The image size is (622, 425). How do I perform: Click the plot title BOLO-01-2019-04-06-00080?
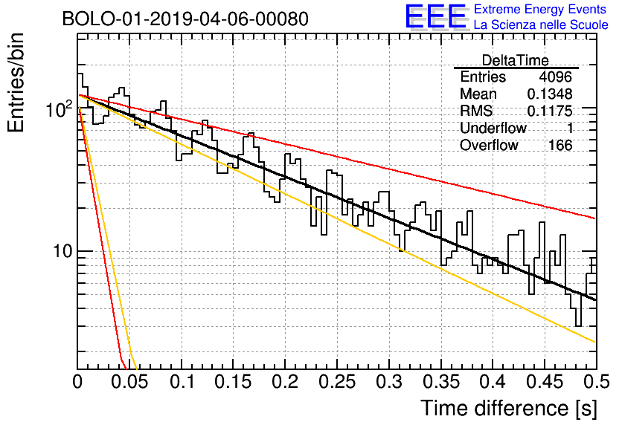(x=185, y=19)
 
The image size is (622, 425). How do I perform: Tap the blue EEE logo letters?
(x=435, y=16)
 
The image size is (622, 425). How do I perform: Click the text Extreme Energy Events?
(x=540, y=9)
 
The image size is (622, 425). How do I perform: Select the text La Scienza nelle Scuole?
(x=541, y=25)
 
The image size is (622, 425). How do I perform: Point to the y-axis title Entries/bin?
(x=16, y=82)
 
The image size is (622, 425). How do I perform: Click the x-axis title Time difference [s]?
(x=509, y=408)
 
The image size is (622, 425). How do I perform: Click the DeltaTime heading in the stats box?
(x=515, y=60)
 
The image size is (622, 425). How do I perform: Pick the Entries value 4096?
(x=555, y=77)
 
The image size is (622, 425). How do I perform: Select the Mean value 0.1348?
(x=549, y=94)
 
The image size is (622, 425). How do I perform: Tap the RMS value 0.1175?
(x=549, y=111)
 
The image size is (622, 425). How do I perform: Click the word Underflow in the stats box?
(x=493, y=129)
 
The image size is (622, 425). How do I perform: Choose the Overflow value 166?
(x=560, y=146)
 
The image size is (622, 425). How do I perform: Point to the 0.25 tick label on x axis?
(x=337, y=382)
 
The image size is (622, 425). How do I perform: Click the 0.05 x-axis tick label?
(x=129, y=382)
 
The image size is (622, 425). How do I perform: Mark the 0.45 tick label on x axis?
(x=545, y=382)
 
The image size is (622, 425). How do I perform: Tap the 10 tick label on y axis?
(x=63, y=251)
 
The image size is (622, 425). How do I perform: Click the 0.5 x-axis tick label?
(x=596, y=382)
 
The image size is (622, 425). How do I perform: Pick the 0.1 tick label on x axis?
(x=182, y=382)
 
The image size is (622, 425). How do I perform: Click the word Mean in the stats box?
(x=478, y=94)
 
